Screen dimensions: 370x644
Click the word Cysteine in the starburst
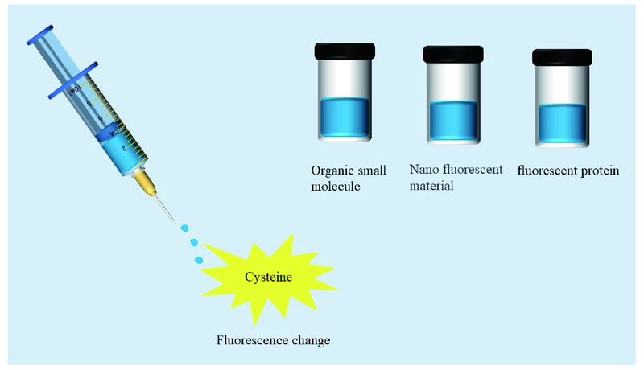[x=269, y=277]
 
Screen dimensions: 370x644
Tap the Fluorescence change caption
[x=274, y=339]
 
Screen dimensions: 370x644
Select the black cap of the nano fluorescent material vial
[x=453, y=55]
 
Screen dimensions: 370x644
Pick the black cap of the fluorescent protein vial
[x=563, y=57]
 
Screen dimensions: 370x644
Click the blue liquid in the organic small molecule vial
[x=344, y=117]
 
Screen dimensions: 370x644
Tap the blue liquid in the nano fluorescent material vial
[x=453, y=121]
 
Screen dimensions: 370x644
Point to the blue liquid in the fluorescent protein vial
[x=563, y=125]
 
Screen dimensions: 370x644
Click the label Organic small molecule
[x=349, y=179]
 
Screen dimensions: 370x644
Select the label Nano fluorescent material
[x=456, y=178]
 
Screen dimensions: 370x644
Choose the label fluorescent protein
[x=569, y=171]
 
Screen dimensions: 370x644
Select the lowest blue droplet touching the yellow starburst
[x=199, y=260]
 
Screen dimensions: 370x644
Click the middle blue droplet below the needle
[x=192, y=242]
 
